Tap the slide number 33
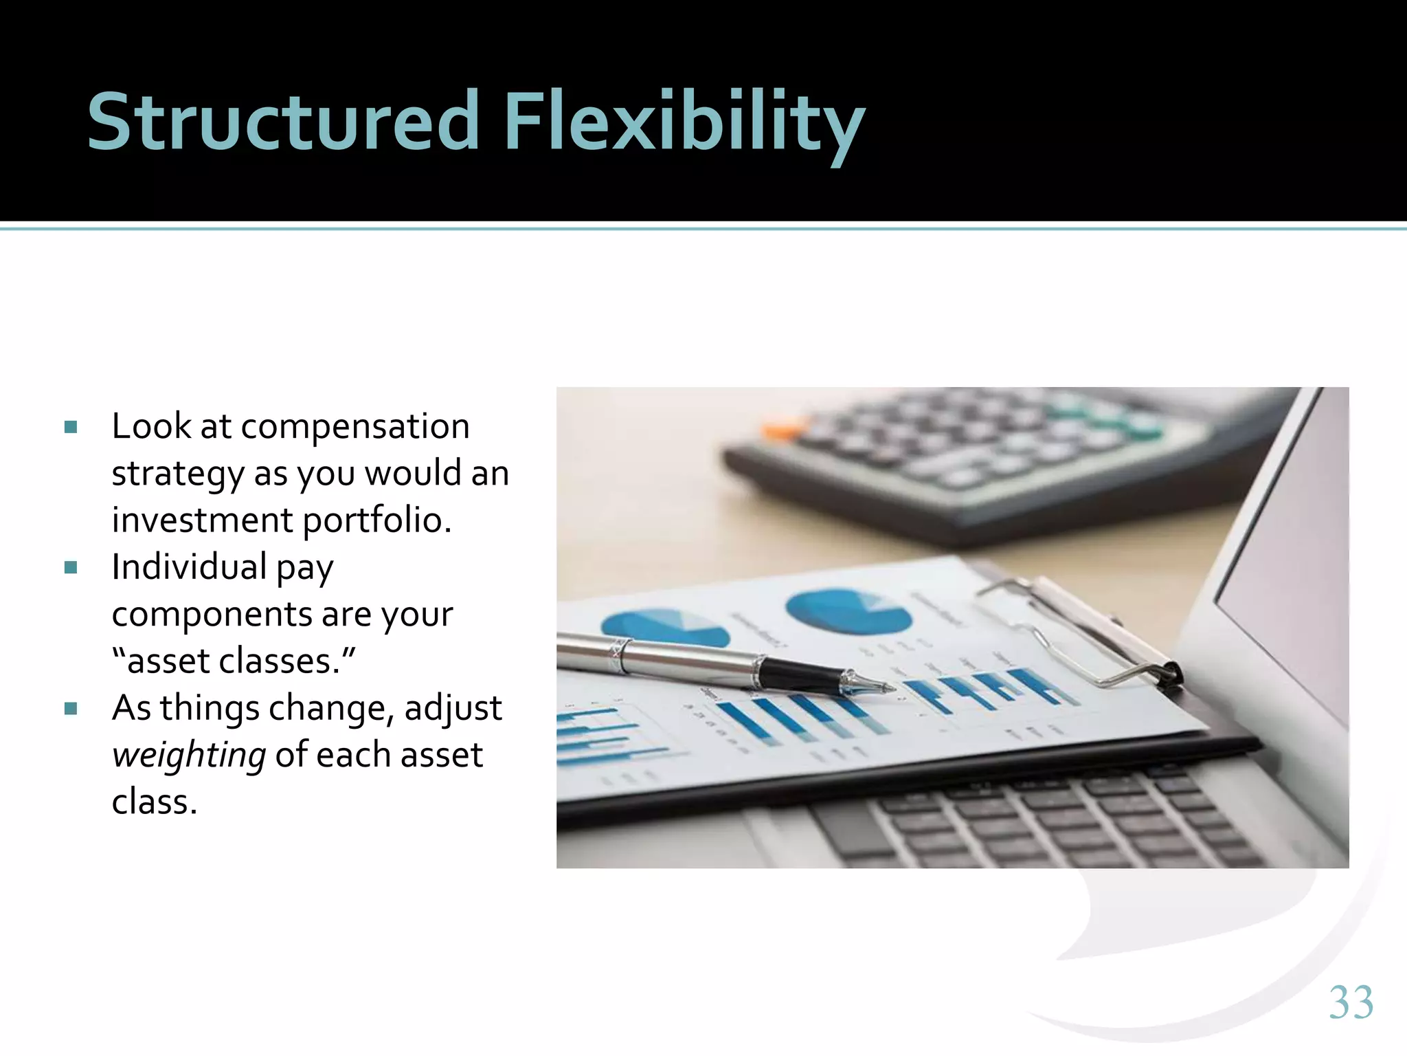point(1351,1002)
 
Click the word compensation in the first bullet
point(354,427)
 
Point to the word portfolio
point(377,521)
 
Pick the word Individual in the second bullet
point(189,567)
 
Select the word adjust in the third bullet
point(453,709)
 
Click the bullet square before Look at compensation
point(71,428)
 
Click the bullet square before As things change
point(71,709)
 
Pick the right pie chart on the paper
point(848,610)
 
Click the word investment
point(203,521)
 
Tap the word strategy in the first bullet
point(177,474)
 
